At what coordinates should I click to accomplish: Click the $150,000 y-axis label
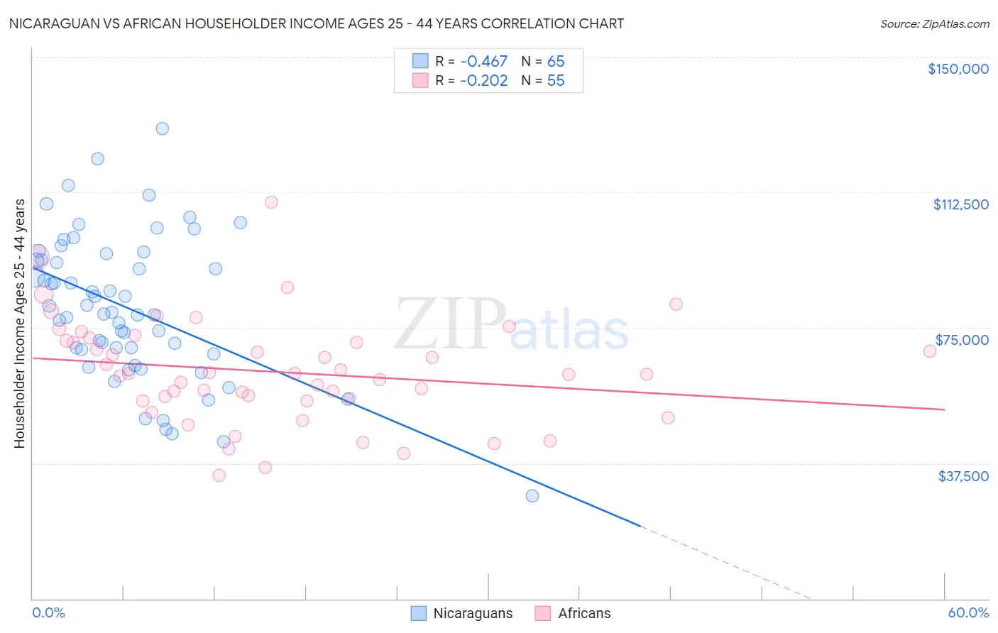point(958,69)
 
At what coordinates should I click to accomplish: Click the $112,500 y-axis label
point(960,204)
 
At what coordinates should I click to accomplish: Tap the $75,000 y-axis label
point(962,340)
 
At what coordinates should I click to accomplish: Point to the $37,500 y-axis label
point(963,476)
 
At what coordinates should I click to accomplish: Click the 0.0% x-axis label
point(48,613)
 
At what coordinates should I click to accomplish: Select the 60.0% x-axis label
point(968,613)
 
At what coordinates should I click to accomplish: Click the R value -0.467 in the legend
point(483,62)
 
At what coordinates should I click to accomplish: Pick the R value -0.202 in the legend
point(483,81)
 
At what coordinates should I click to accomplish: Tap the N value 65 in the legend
point(556,62)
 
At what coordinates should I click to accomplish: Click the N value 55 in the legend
point(556,81)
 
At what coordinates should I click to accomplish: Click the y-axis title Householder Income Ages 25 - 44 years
point(19,324)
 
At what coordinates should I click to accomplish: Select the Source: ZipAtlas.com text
point(934,24)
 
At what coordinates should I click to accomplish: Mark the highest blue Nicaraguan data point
point(163,128)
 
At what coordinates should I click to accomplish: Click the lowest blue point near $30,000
point(532,496)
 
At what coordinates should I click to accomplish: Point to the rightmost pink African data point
point(929,351)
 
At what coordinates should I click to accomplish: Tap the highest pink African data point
point(271,202)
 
